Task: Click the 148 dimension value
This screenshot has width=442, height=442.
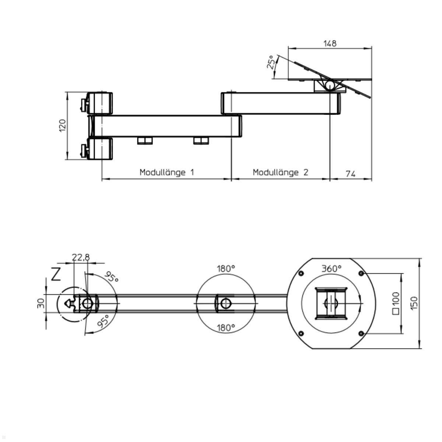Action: tap(330, 43)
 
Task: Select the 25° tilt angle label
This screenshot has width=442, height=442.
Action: tap(271, 63)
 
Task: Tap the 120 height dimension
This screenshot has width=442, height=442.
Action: tap(62, 126)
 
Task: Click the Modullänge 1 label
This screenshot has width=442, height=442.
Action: tap(166, 172)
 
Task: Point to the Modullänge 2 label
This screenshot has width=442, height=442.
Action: tap(280, 172)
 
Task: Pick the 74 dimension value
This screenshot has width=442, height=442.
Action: tap(351, 173)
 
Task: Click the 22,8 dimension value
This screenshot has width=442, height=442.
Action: tap(81, 257)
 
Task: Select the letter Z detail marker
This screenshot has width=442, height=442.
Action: tap(56, 274)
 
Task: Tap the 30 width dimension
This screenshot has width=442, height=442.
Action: tap(41, 303)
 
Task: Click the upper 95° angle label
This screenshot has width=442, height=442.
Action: tap(112, 277)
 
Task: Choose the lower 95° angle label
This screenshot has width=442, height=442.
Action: tap(103, 321)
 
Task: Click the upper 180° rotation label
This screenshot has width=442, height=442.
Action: tap(225, 269)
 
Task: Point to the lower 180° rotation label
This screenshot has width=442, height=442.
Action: tap(225, 327)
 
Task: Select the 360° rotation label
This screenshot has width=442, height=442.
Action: tap(331, 269)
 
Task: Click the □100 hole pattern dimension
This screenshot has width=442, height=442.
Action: tap(396, 303)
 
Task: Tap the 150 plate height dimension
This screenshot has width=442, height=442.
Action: tap(415, 303)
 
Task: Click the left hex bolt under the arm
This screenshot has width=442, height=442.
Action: tap(145, 140)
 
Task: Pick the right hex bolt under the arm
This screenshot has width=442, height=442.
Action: tap(201, 140)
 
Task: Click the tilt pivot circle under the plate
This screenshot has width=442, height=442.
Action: tap(329, 85)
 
